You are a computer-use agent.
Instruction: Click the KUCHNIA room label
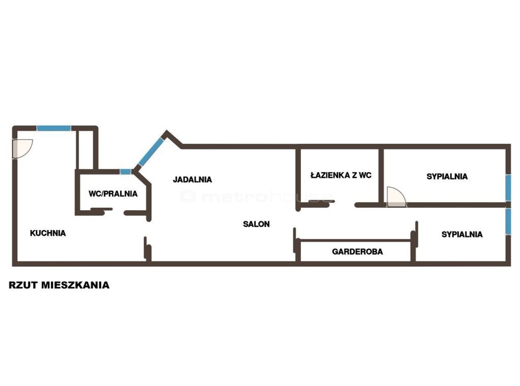point(48,233)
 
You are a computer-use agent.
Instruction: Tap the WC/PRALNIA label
point(113,194)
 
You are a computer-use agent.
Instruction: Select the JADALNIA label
point(192,180)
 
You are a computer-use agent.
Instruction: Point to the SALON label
point(256,224)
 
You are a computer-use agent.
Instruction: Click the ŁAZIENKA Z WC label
point(341,175)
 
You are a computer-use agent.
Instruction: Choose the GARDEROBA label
point(357,252)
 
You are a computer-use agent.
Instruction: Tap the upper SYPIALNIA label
point(447,177)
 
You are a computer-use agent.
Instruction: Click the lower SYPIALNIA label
point(462,234)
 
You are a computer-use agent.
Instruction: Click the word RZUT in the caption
point(23,285)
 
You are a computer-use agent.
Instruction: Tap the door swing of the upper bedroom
point(396,197)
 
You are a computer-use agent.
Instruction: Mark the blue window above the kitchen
point(54,128)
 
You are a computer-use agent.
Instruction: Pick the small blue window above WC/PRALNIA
point(126,171)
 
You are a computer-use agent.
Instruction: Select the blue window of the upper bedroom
point(508,188)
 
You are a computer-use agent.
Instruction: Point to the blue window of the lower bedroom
point(508,222)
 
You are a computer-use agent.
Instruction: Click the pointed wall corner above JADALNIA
point(167,132)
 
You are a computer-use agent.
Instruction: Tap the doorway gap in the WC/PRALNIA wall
point(118,213)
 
